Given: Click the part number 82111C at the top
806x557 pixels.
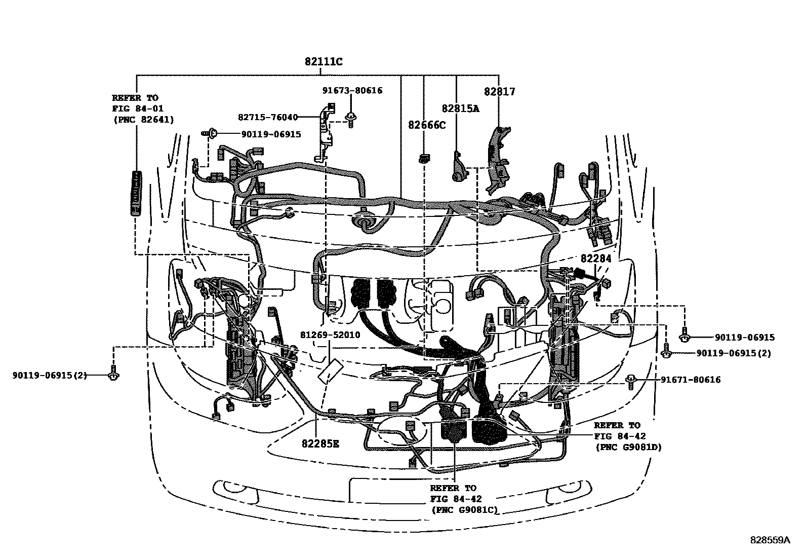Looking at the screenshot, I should click(x=324, y=62).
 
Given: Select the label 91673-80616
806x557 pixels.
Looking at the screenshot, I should click(x=352, y=91).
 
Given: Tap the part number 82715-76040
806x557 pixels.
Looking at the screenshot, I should click(x=267, y=117).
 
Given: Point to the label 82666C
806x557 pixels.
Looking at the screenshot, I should click(x=427, y=125).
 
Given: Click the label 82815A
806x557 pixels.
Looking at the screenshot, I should click(x=460, y=108).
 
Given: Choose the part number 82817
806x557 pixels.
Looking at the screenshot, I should click(x=499, y=92).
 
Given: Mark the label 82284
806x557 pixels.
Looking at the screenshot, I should click(x=596, y=258).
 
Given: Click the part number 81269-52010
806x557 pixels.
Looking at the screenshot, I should click(x=330, y=335).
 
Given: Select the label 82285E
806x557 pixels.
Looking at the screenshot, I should click(x=320, y=444).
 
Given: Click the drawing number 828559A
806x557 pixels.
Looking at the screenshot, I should click(x=770, y=540).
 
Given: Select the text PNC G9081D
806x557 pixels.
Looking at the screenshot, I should click(x=628, y=447).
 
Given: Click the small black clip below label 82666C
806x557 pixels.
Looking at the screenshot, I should click(x=422, y=159).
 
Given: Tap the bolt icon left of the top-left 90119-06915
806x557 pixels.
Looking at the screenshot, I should click(x=212, y=134).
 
